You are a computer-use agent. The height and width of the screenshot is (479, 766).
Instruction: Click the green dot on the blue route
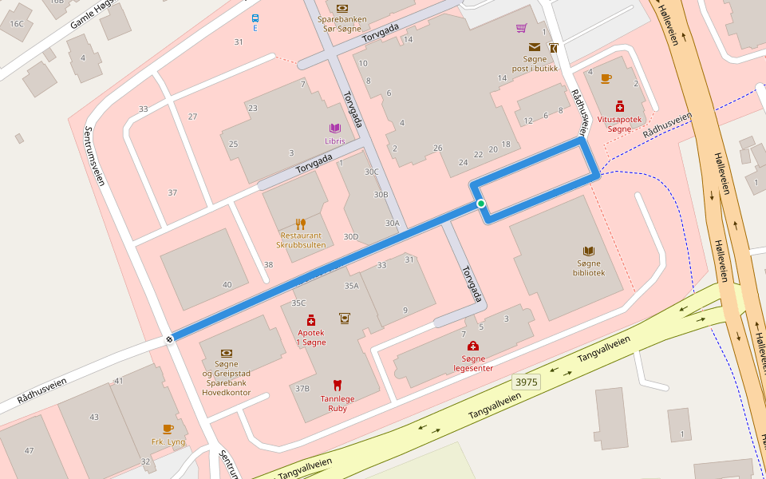[x=481, y=204]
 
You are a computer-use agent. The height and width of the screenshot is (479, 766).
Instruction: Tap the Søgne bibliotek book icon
[x=589, y=251]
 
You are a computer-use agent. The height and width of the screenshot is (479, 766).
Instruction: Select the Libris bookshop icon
[x=335, y=129]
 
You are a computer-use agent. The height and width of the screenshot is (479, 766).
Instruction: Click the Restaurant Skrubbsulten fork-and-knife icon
[x=301, y=224]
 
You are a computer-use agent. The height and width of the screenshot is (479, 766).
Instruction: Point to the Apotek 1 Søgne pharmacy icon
[x=311, y=320]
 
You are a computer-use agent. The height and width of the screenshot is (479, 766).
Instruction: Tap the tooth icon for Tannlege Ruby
[x=338, y=385]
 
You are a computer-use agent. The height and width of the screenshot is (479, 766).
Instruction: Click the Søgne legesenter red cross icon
[x=473, y=346]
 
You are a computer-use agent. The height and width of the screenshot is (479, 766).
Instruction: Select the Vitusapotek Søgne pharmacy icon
[x=619, y=106]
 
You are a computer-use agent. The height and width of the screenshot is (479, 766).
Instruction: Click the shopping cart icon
[x=521, y=29]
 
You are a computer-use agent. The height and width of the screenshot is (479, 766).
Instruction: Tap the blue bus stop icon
[x=255, y=18]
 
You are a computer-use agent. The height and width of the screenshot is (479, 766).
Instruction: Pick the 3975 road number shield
[x=527, y=382]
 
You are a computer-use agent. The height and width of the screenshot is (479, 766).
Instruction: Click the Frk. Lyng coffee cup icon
[x=168, y=429]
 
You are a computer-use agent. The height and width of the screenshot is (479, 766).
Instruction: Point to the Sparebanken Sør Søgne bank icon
[x=342, y=7]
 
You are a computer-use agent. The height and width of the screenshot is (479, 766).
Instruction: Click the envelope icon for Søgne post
[x=534, y=47]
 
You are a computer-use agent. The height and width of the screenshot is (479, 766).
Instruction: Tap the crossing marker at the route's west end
[x=170, y=339]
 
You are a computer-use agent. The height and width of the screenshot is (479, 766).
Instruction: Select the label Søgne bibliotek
[x=589, y=267]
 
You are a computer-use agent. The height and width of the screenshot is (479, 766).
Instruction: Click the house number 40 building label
[x=227, y=285]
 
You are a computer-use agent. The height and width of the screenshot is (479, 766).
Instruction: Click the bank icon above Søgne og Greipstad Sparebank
[x=227, y=352]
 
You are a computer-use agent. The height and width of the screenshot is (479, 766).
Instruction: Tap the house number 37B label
[x=302, y=389]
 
